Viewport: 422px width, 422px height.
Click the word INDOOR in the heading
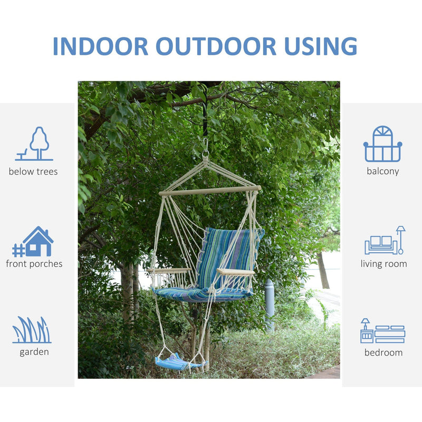coord(100,46)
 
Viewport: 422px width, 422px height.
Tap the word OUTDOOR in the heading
coord(216,46)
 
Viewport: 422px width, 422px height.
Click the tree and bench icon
coord(35,143)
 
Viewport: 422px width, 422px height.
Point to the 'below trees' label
coord(33,171)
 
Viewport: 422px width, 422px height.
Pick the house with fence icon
coord(33,242)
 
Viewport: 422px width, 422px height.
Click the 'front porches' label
coord(34,264)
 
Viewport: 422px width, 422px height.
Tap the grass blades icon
coord(32,330)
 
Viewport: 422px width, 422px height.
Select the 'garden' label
coord(34,352)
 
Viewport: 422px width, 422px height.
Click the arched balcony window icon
coord(382,144)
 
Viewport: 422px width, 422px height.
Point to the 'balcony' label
coord(383,171)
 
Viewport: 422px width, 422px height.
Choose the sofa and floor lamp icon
coord(385,241)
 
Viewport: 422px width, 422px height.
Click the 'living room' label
coord(384,264)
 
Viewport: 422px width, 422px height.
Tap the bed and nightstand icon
coord(382,331)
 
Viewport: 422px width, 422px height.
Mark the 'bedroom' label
coord(383,352)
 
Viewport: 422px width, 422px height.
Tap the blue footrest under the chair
coord(177,362)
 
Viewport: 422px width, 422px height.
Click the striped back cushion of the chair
coord(229,256)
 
